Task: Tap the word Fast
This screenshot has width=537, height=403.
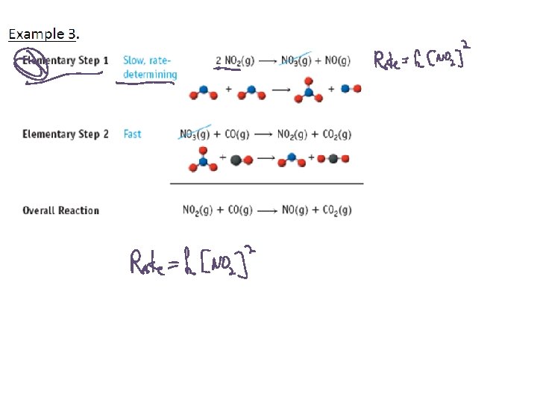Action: coord(132,134)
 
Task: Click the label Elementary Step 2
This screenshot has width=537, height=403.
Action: coord(66,134)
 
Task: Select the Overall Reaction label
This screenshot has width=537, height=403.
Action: coord(60,210)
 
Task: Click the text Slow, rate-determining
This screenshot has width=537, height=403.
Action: coord(150,67)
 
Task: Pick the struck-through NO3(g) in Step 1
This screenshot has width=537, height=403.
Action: coord(296,60)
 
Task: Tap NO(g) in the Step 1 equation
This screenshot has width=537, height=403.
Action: coord(337,60)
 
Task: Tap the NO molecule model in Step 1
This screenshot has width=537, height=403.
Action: coord(351,89)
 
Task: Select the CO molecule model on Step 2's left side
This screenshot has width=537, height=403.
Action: coord(241,159)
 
